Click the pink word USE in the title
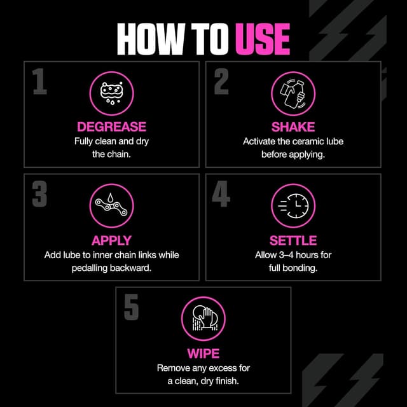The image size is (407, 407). [263, 40]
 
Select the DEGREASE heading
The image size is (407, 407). [111, 127]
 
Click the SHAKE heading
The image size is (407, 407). [293, 127]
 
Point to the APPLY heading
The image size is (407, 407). [111, 240]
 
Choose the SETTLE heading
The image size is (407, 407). [293, 240]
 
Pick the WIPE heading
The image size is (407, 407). [203, 353]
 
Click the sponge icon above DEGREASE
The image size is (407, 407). [111, 92]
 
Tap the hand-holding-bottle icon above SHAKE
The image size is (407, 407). [293, 92]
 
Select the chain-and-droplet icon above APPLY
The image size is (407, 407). [111, 205]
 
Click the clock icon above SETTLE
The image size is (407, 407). [293, 205]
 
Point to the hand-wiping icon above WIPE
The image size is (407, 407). [203, 319]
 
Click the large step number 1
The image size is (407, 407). [39, 82]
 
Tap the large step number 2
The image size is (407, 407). [221, 82]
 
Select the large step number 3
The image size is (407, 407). [39, 195]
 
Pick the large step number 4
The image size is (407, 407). [221, 195]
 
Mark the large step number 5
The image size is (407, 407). [131, 307]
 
